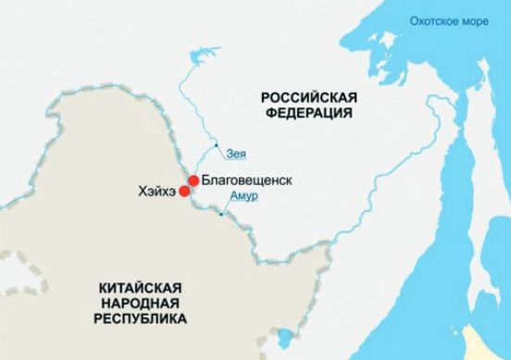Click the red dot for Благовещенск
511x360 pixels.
click(x=193, y=180)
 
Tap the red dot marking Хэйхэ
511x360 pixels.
click(x=184, y=192)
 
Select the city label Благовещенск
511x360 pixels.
click(x=245, y=180)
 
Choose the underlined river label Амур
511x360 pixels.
click(x=243, y=198)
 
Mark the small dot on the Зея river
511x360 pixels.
click(x=216, y=147)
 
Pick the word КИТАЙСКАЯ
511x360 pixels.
click(x=142, y=288)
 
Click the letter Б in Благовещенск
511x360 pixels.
click(x=205, y=180)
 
